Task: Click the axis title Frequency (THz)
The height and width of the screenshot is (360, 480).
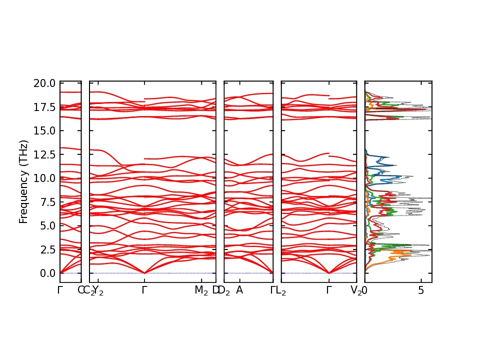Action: point(23,181)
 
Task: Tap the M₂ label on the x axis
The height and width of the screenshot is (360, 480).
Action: point(201,290)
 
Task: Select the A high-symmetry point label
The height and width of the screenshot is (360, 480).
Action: point(239,290)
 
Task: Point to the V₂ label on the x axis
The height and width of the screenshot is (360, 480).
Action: point(356,290)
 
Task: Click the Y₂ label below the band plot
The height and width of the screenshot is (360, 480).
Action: point(98,290)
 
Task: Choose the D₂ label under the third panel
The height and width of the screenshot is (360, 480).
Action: point(224,290)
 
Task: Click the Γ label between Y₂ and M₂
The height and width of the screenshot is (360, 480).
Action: point(144,290)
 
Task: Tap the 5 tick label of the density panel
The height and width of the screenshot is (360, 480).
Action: point(421,290)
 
